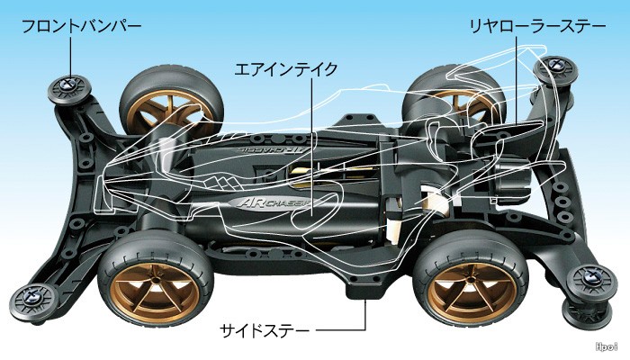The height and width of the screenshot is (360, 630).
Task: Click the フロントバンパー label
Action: coord(81,27)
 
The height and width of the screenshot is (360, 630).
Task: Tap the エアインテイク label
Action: coord(272,68)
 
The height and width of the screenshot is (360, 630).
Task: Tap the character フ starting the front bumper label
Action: coord(29,27)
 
